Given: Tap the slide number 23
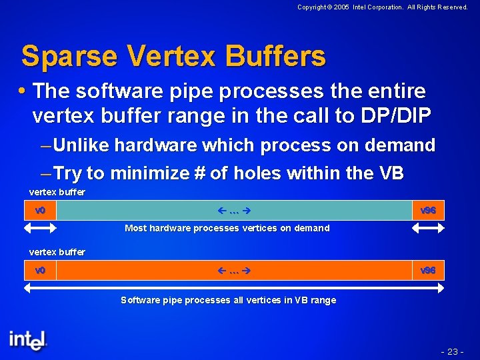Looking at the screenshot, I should point(452,351).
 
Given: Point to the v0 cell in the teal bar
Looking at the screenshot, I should point(40,211).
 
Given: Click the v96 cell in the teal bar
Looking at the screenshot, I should point(428,211).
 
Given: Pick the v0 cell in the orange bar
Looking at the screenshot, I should point(40,271).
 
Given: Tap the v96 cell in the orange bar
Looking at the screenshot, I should point(428,271).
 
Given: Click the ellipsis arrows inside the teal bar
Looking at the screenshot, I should point(234,211).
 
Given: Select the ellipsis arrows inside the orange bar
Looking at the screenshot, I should point(234,271).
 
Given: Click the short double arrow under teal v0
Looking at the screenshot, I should point(40,227).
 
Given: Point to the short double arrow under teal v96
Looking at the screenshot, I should point(428,227).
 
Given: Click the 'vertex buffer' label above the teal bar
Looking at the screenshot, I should point(57,192).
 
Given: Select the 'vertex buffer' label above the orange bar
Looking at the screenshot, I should point(57,252).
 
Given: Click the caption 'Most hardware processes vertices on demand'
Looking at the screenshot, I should point(227,228).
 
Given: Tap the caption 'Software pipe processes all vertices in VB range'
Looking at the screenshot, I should point(228,300).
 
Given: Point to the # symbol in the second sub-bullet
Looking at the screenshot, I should point(199,174).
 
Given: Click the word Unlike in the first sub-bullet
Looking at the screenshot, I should point(83,145).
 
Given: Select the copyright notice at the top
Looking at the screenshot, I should point(383,7).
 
